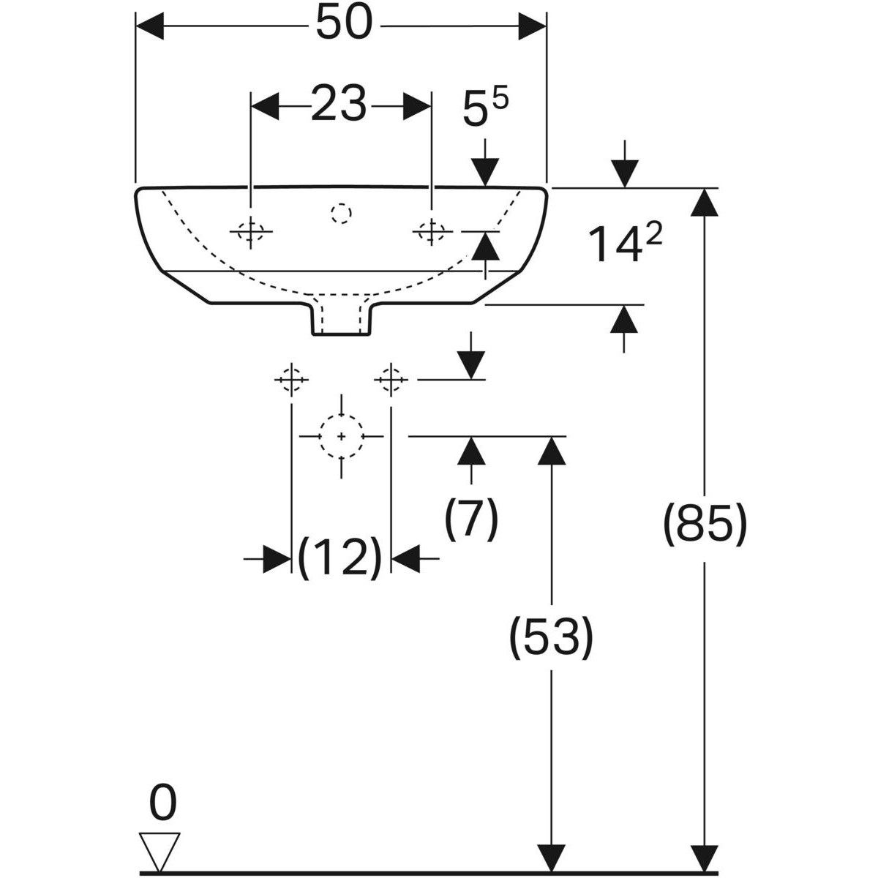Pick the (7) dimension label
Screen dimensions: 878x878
click(x=471, y=519)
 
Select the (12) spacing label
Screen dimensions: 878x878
click(x=341, y=558)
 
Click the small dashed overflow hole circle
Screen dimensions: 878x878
click(x=341, y=213)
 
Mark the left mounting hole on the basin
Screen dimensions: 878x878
click(x=251, y=231)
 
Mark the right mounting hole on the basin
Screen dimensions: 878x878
click(x=432, y=231)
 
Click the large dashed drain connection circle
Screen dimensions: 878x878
click(x=342, y=436)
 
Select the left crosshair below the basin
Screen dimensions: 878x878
click(x=292, y=379)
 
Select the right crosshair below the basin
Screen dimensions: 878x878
click(x=391, y=379)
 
